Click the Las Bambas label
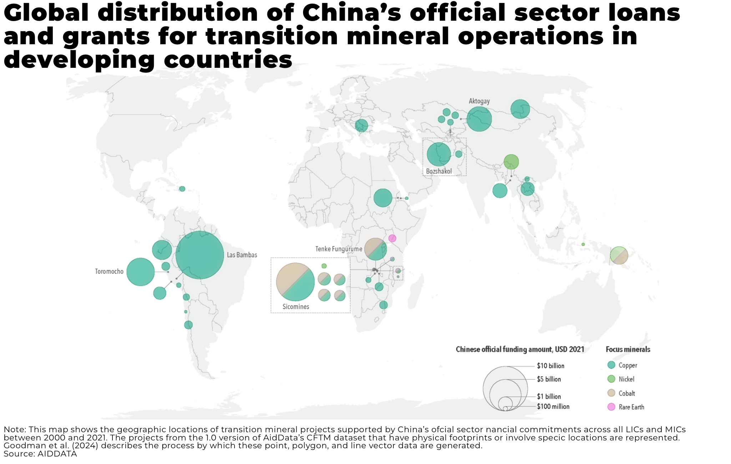(242, 255)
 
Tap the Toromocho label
(109, 272)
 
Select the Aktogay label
(479, 101)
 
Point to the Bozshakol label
(439, 171)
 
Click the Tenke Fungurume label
(339, 249)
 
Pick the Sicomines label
(296, 307)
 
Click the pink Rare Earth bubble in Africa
(392, 238)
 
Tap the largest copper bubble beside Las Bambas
(200, 255)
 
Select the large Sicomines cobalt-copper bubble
(295, 282)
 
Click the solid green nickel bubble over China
(511, 162)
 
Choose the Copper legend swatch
(611, 365)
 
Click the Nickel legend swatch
(611, 379)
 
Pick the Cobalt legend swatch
(611, 393)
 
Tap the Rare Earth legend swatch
(611, 407)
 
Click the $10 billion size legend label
(550, 366)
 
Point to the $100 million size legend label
(553, 407)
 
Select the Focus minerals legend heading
(628, 349)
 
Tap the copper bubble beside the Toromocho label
(141, 272)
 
